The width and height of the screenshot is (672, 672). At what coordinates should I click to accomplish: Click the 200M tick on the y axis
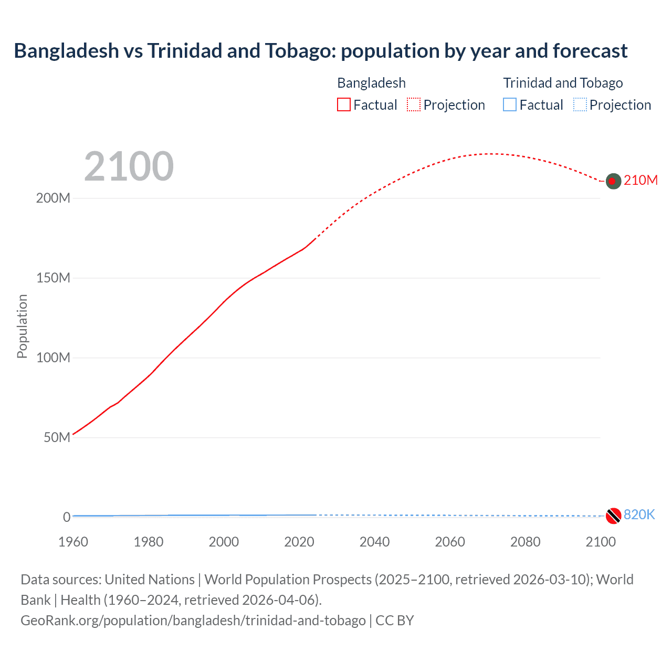(x=53, y=198)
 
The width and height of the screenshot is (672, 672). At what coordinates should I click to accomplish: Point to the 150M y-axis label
(x=53, y=278)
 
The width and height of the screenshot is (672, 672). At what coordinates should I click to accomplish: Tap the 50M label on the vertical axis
(x=57, y=438)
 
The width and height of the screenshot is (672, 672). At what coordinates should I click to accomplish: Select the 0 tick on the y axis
(x=67, y=517)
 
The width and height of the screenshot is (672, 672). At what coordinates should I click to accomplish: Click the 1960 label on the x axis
(x=73, y=542)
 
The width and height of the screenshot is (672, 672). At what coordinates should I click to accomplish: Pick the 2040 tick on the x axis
(x=374, y=542)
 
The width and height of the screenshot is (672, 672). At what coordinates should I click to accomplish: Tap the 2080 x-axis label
(x=525, y=542)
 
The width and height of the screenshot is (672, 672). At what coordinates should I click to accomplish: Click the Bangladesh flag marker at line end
(x=613, y=181)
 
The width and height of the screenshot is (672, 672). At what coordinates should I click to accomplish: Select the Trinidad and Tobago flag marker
(x=613, y=516)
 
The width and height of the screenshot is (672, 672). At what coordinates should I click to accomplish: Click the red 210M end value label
(x=640, y=181)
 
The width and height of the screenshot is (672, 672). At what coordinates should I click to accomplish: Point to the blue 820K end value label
(x=639, y=514)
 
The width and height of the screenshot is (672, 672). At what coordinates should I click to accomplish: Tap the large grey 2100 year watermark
(x=129, y=166)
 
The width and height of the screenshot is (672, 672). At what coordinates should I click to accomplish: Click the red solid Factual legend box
(x=344, y=105)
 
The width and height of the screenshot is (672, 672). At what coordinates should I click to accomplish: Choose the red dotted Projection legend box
(x=414, y=105)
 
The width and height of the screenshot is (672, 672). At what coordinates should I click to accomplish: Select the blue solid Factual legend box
(x=510, y=105)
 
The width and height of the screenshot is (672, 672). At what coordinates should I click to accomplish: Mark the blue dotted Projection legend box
(x=580, y=105)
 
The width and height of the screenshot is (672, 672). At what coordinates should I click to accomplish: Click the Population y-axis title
(x=22, y=326)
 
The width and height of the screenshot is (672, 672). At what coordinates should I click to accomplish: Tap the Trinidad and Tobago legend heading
(x=563, y=83)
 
